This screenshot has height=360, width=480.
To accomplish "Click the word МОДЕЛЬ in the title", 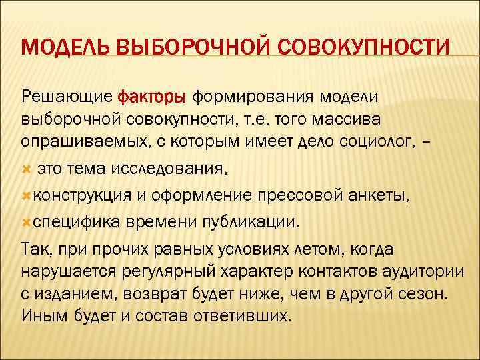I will tap(64, 49).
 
